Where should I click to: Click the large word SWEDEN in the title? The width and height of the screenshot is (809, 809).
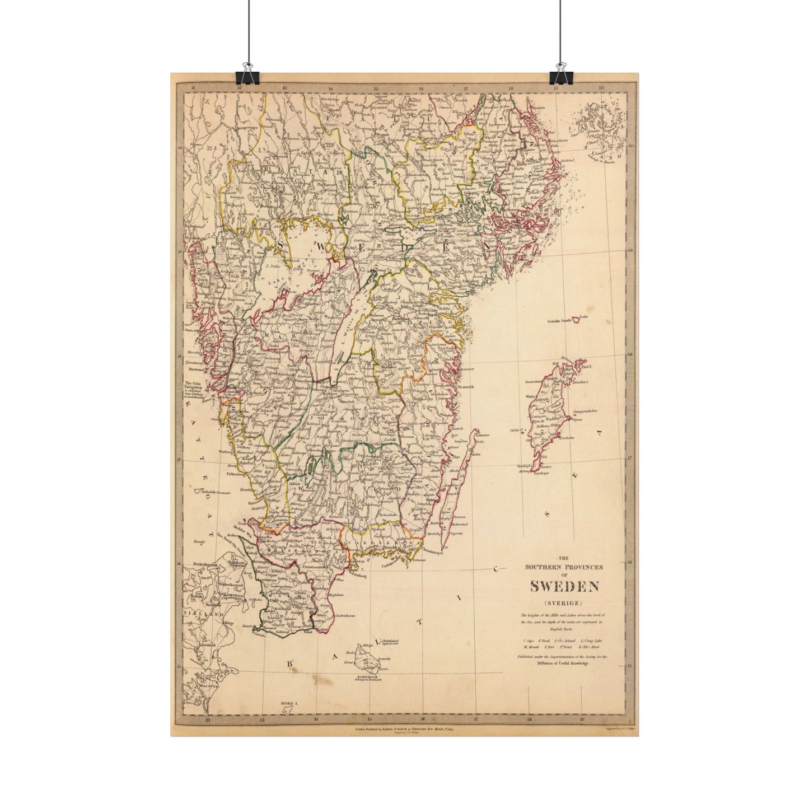tap(564, 587)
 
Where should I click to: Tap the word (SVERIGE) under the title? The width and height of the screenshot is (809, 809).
tap(564, 602)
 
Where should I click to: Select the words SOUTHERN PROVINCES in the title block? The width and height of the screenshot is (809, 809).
tap(564, 567)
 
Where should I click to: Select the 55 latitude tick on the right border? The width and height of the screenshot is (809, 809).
tap(629, 666)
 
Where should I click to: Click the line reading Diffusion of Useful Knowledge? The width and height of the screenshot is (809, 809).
tap(563, 662)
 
